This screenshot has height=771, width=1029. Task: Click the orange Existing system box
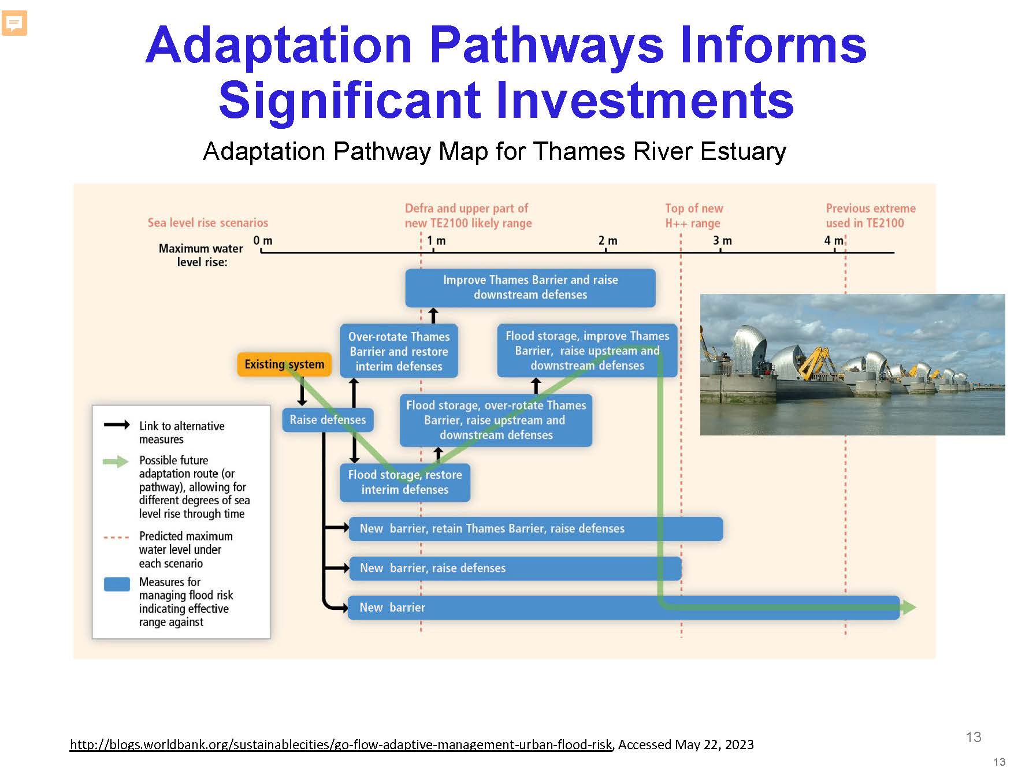[x=284, y=364]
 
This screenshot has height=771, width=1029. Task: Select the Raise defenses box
[x=328, y=420]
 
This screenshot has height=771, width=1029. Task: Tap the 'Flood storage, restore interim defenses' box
[x=405, y=482]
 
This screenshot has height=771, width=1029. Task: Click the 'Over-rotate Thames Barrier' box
[x=399, y=351]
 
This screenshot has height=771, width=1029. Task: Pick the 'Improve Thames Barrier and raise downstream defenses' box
[x=530, y=288]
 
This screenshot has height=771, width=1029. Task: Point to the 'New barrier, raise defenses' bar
[x=515, y=568]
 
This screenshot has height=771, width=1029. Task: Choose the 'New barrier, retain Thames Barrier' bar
[x=536, y=528]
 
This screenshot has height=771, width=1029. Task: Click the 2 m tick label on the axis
[x=608, y=240]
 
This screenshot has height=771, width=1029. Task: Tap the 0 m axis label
[x=263, y=240]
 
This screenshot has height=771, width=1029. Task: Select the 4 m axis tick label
[x=834, y=240]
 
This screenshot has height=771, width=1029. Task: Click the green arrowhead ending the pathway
[x=909, y=607]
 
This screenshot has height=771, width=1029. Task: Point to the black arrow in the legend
[x=117, y=425]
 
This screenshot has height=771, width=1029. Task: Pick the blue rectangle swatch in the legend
[x=117, y=584]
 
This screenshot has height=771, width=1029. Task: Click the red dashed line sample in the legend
[x=116, y=537]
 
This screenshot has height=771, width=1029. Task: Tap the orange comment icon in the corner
[x=14, y=24]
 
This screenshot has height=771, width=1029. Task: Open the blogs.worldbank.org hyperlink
[x=341, y=744]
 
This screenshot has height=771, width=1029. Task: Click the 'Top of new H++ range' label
[x=693, y=215]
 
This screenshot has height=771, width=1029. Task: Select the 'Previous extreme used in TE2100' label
[x=870, y=215]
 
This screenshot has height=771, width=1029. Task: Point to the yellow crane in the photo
[x=812, y=362]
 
